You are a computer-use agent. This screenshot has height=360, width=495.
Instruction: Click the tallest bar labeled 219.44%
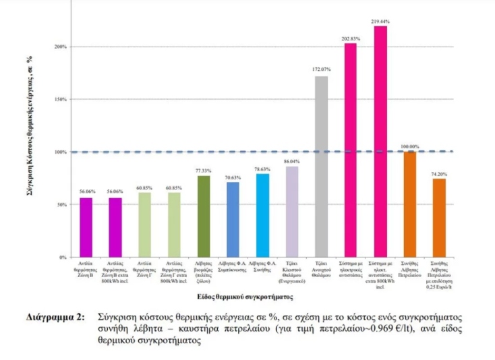380,142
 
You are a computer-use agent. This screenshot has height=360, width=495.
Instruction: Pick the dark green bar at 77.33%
204,216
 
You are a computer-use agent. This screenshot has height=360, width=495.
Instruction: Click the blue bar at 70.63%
233,220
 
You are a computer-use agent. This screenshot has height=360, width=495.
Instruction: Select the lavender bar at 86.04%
292,212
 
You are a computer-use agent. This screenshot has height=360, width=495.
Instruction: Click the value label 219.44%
380,22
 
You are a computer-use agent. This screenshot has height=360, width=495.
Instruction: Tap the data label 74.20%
439,174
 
